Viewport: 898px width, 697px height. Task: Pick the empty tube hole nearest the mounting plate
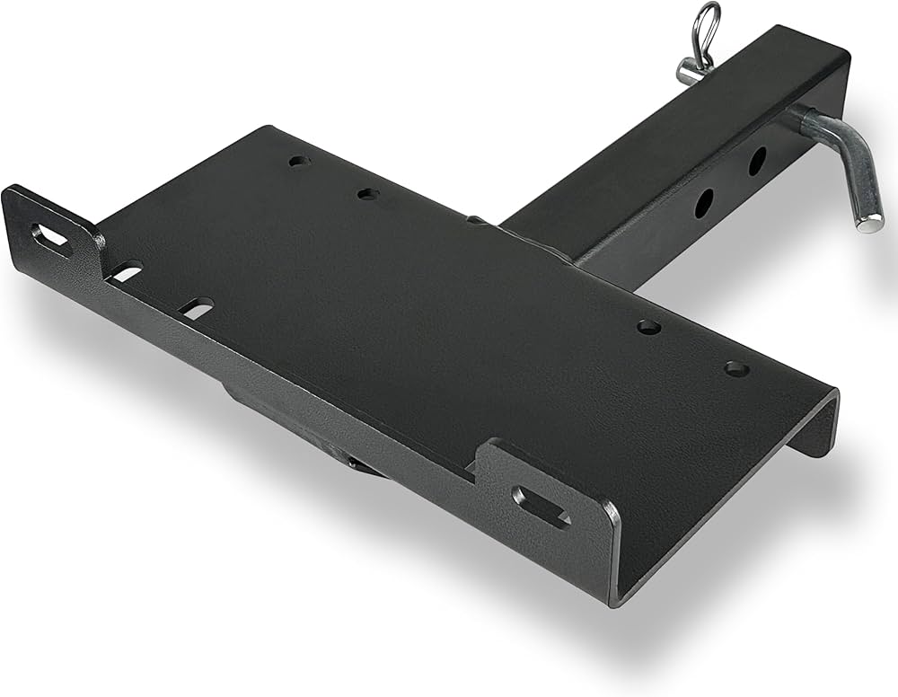click(703, 203)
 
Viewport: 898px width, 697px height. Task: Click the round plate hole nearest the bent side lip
click(736, 368)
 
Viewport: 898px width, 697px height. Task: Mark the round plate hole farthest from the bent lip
click(299, 162)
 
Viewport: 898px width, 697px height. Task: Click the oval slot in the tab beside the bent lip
click(541, 506)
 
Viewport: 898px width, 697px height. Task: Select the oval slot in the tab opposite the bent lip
click(52, 240)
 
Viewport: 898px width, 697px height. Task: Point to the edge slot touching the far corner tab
click(126, 270)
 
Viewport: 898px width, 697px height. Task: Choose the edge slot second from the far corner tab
click(196, 308)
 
